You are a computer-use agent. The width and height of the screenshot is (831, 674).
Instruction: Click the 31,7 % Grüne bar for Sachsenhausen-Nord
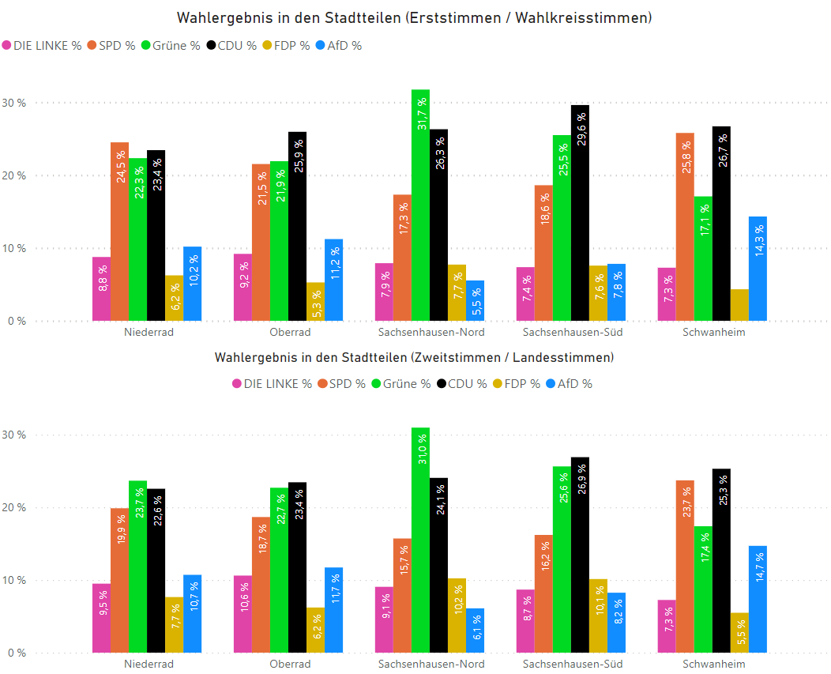[x=420, y=205]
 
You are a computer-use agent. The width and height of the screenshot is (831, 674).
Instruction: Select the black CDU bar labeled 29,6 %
[x=580, y=213]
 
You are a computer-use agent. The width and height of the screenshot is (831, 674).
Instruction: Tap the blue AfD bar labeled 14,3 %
[x=758, y=269]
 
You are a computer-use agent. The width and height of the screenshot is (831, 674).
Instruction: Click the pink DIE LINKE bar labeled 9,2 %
[x=243, y=288]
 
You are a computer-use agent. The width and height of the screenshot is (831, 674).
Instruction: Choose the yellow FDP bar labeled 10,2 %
[x=457, y=616]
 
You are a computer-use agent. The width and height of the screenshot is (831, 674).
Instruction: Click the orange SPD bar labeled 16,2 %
[x=543, y=593]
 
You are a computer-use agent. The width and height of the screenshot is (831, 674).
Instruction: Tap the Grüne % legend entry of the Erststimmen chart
[x=170, y=46]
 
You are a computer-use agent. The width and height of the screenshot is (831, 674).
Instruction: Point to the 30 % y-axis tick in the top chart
[x=13, y=103]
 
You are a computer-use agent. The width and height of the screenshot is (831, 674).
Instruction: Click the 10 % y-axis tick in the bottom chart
[x=13, y=581]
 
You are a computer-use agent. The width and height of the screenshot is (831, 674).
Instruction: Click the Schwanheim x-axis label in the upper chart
[x=713, y=332]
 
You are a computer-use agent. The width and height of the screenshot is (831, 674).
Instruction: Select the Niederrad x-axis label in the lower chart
[x=149, y=664]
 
